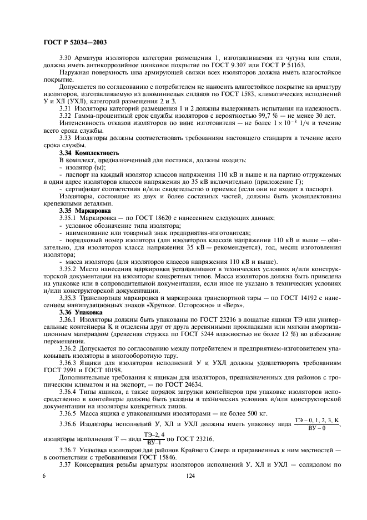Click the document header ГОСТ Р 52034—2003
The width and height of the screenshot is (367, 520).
pyautogui.click(x=75, y=42)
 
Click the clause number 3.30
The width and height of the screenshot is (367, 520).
pyautogui.click(x=66, y=58)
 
